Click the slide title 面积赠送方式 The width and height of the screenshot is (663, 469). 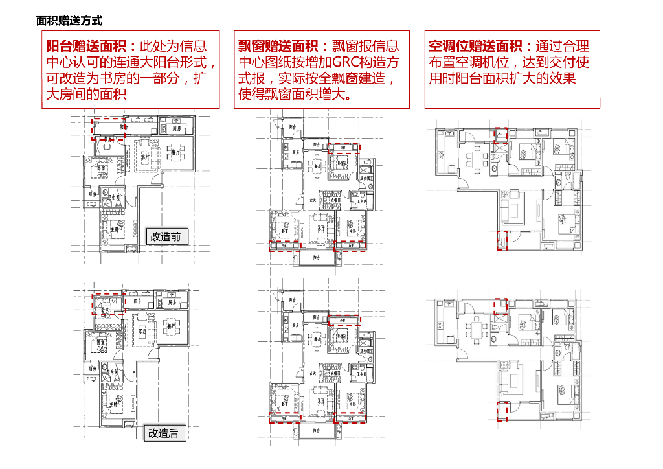point(69,21)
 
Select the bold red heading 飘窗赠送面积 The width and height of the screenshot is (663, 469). point(281,46)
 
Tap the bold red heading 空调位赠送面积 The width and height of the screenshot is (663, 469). point(480,46)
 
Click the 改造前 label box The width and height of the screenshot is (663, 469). point(166,236)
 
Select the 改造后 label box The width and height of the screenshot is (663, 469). point(163,433)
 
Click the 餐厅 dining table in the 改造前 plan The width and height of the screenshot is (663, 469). point(174,153)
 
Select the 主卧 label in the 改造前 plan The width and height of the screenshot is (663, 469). point(114,229)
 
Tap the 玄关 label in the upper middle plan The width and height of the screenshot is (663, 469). point(312,200)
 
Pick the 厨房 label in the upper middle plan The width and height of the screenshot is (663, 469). point(295,152)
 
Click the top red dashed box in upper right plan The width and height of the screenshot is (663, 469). point(500,135)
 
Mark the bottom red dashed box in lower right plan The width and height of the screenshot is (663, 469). point(500,411)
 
